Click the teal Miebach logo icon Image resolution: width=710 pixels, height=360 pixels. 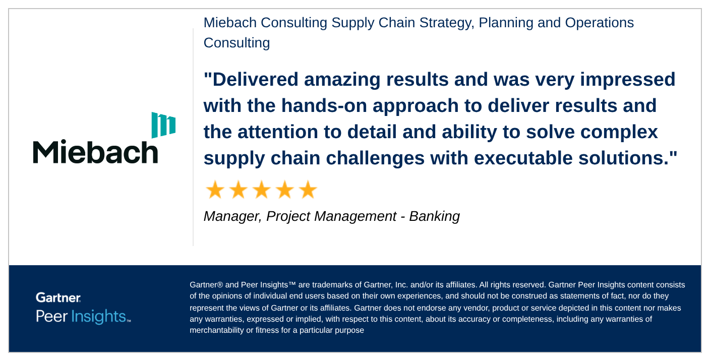click(x=163, y=125)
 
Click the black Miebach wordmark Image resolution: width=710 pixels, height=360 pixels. click(x=95, y=152)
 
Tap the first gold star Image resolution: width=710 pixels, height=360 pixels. click(x=215, y=190)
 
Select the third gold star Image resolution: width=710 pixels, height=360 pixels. click(x=262, y=190)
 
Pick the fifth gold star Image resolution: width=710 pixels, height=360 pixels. click(x=308, y=190)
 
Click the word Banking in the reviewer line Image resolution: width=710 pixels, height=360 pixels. click(x=434, y=217)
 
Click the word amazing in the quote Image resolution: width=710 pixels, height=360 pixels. click(x=342, y=80)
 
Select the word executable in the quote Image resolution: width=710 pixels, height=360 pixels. click(x=523, y=158)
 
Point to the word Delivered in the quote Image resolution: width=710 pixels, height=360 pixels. click(x=255, y=79)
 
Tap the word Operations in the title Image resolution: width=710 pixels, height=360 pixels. click(x=600, y=23)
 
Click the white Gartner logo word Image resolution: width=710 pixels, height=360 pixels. click(x=58, y=297)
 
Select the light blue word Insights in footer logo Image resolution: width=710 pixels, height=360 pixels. click(x=98, y=317)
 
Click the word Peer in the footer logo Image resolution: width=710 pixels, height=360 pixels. click(x=51, y=317)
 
